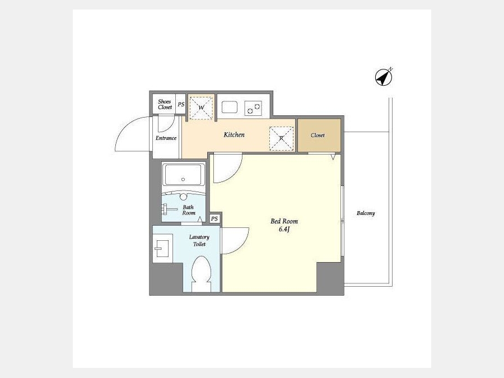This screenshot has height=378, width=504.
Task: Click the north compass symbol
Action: tap(384, 77)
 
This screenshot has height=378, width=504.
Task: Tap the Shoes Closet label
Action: tap(165, 104)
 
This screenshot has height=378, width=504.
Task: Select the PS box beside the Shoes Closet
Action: tap(181, 104)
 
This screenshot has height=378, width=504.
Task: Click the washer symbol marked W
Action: tap(201, 108)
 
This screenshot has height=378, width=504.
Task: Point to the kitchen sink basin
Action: tap(230, 107)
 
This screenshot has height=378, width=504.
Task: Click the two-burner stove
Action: tap(253, 108)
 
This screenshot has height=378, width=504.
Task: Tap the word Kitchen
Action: tap(234, 134)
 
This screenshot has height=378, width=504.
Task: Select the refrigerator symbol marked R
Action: tap(281, 138)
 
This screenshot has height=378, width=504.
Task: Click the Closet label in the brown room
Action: tap(318, 136)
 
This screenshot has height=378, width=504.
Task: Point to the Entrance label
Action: tap(166, 138)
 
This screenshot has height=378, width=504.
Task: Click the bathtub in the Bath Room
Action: tap(184, 175)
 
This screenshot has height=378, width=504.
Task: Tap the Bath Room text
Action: tap(189, 210)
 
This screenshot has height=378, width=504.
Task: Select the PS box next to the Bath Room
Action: tap(214, 218)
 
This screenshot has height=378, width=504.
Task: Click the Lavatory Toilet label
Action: tap(199, 240)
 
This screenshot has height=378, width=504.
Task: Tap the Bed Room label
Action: tap(284, 221)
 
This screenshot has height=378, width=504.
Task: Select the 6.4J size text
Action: tap(284, 229)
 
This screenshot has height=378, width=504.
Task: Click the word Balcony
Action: tap(366, 213)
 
